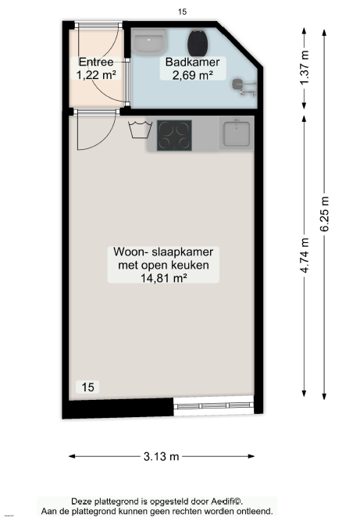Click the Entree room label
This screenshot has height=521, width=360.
[96, 62]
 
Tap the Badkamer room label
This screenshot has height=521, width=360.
[192, 62]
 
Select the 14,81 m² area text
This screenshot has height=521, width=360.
[163, 278]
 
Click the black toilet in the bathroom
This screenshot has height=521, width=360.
[198, 44]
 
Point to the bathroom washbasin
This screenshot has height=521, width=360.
[148, 41]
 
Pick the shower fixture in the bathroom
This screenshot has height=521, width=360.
[244, 87]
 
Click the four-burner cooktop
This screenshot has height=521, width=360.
[174, 135]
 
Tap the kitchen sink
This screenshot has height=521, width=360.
[237, 134]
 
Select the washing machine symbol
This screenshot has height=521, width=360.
[140, 130]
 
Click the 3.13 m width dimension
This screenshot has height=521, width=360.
[162, 456]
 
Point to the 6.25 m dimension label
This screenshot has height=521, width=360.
[324, 214]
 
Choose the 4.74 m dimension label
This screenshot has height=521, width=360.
[305, 256]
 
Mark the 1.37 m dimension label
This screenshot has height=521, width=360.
[305, 68]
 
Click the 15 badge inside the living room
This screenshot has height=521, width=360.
[87, 387]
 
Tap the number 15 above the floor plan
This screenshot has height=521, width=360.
[182, 12]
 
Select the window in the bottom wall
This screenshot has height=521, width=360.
[213, 405]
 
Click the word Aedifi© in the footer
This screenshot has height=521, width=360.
[227, 501]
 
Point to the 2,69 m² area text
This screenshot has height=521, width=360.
[193, 75]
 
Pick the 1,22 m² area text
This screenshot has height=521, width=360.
[96, 75]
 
